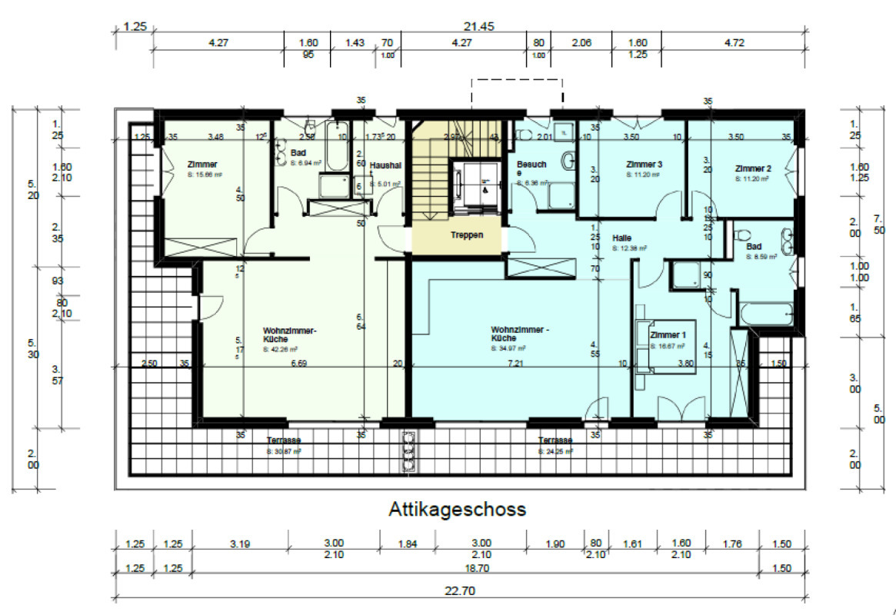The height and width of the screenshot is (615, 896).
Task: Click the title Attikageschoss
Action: click(x=458, y=509)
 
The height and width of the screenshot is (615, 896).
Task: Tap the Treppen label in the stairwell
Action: click(x=467, y=235)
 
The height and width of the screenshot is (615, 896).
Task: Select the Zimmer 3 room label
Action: click(x=645, y=165)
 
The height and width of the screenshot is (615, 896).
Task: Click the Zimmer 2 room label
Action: click(x=753, y=168)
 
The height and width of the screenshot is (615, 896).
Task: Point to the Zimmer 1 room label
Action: click(x=668, y=336)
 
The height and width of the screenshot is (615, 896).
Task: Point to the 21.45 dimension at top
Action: click(x=478, y=25)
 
